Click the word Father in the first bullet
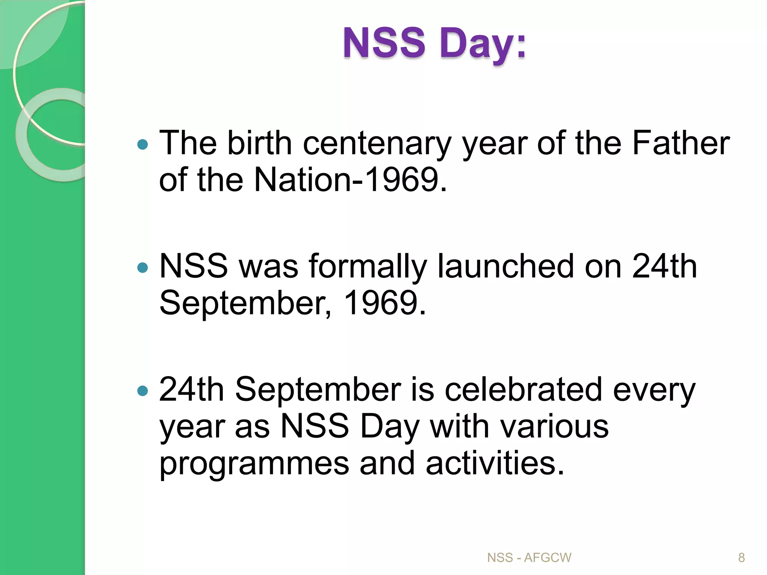681,143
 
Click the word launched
506,267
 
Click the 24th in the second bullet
664,267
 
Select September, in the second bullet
246,303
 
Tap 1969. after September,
385,303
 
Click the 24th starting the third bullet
191,389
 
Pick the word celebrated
523,389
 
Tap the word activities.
494,463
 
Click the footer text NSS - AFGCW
529,558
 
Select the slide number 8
741,558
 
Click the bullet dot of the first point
143,144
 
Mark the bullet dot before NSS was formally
143,267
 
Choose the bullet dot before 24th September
143,391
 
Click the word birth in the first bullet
259,143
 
